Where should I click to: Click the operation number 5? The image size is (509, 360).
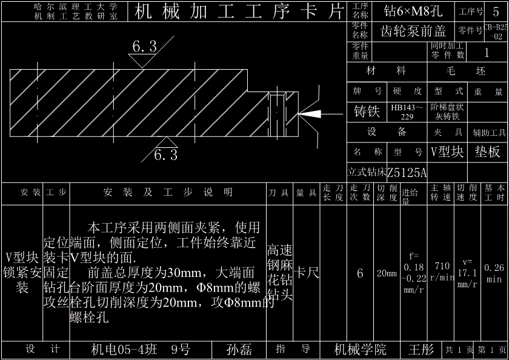coord(496,11)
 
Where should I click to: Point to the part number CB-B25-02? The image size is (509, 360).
coord(496,32)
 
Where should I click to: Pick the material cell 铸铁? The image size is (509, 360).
coord(367,112)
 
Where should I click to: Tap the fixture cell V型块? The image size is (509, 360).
coord(447,152)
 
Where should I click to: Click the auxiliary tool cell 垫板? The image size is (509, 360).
coord(487,152)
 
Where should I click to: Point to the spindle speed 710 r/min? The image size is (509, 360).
coord(442,272)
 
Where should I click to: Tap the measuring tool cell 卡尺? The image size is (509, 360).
coord(307,273)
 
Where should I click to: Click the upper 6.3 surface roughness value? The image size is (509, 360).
coord(144,46)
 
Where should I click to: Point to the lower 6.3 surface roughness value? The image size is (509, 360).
coord(165,155)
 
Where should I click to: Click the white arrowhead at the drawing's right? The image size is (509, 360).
coord(310,113)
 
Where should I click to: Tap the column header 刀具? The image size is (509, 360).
coord(279,193)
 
